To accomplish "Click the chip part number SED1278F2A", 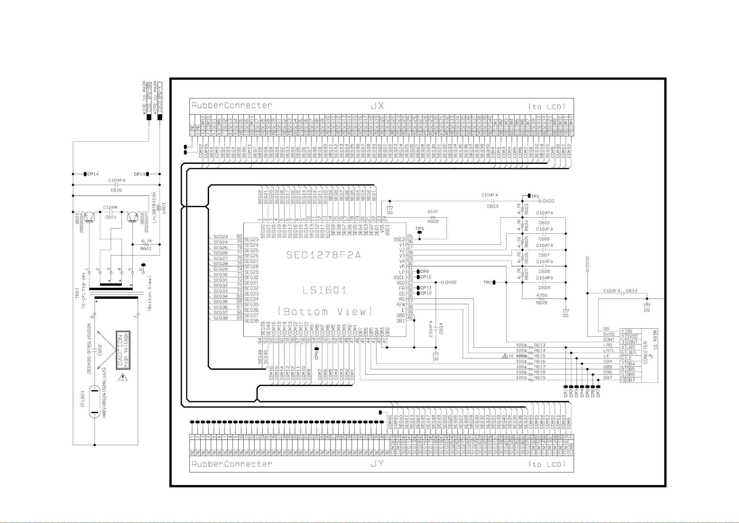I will pyautogui.click(x=323, y=255).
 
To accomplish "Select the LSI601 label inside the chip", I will pyautogui.click(x=324, y=290).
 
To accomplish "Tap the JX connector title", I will pyautogui.click(x=377, y=106).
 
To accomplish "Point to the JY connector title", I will pyautogui.click(x=377, y=464).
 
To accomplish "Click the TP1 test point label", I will pyautogui.click(x=535, y=196).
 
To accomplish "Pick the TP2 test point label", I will pyautogui.click(x=487, y=282).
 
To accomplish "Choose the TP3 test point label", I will pyautogui.click(x=419, y=229).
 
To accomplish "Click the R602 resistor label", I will pyautogui.click(x=433, y=221).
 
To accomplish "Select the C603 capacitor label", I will pyautogui.click(x=492, y=206).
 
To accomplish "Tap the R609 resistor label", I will pyautogui.click(x=541, y=303).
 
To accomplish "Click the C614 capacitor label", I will pyautogui.click(x=631, y=291).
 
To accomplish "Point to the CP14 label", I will pyautogui.click(x=93, y=174).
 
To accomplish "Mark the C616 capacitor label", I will pyautogui.click(x=116, y=190).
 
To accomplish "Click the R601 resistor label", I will pyautogui.click(x=146, y=248).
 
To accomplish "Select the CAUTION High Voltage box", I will pyautogui.click(x=123, y=350).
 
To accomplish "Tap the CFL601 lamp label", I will pyautogui.click(x=82, y=399).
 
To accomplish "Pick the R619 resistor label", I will pyautogui.click(x=540, y=377).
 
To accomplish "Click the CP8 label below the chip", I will pyautogui.click(x=316, y=355).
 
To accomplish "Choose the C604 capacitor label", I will pyautogui.click(x=441, y=328).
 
